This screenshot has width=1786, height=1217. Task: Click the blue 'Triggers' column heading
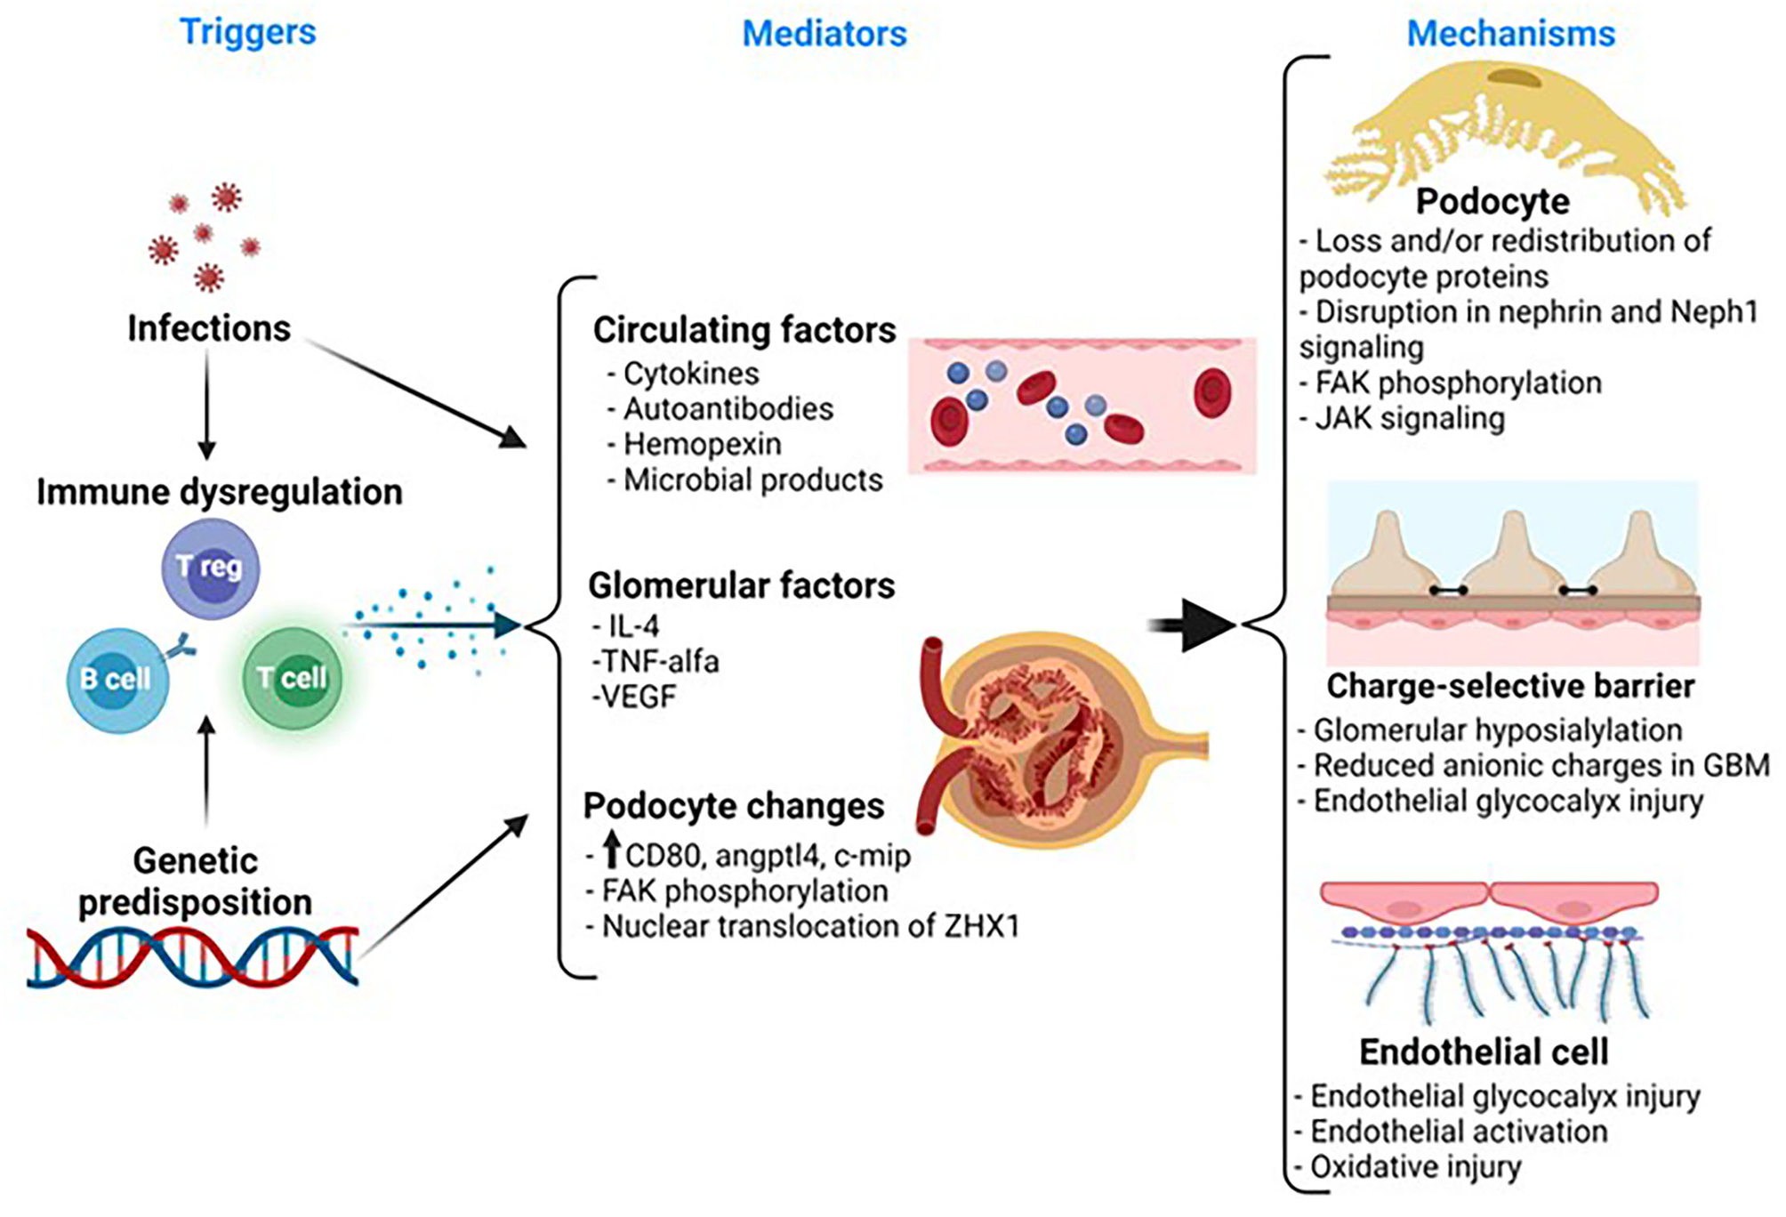click(x=247, y=32)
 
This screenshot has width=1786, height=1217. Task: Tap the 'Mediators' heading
click(x=824, y=34)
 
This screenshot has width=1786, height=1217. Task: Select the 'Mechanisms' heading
click(x=1509, y=34)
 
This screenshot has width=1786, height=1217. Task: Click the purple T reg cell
click(x=210, y=568)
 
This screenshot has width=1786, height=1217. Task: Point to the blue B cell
click(x=117, y=680)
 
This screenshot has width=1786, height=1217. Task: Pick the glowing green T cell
click(x=293, y=678)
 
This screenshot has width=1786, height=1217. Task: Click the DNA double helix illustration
click(x=192, y=955)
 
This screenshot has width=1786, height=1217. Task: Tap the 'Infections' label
click(x=209, y=328)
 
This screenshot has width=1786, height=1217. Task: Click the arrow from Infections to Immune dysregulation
click(x=207, y=405)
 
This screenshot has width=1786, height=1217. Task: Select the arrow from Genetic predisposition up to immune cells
click(x=207, y=770)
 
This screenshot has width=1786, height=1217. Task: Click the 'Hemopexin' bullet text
click(x=702, y=444)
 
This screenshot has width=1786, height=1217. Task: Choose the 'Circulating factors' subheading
click(x=744, y=330)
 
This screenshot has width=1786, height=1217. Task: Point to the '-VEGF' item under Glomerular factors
click(x=634, y=697)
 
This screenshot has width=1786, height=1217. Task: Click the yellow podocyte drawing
click(x=1503, y=133)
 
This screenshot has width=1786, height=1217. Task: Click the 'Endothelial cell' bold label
click(x=1484, y=1052)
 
